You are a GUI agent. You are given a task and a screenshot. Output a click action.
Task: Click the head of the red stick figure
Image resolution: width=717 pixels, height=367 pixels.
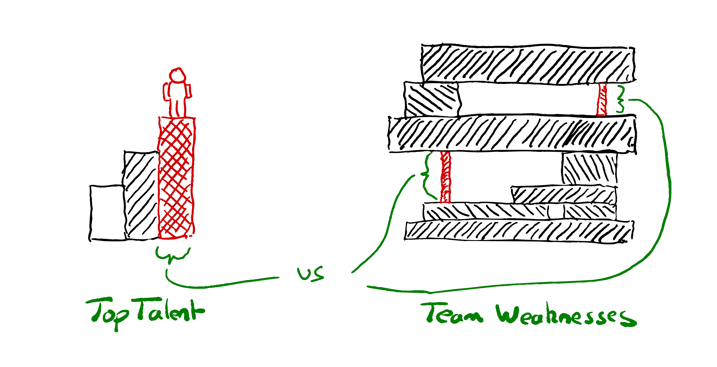pyautogui.click(x=177, y=75)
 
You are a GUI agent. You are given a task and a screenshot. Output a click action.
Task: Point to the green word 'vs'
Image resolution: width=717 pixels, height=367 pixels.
pyautogui.click(x=311, y=274)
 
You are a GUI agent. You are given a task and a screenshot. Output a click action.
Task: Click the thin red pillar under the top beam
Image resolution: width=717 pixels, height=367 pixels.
pyautogui.click(x=602, y=99)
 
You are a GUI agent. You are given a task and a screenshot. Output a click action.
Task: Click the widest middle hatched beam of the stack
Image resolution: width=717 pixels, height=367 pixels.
pyautogui.click(x=512, y=134)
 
